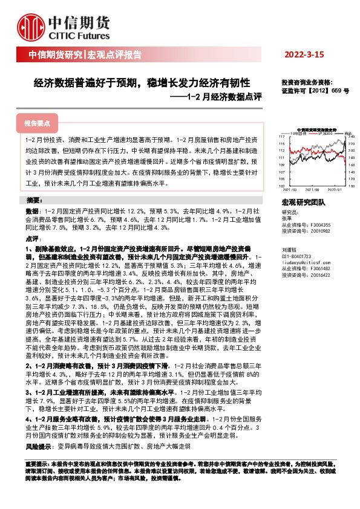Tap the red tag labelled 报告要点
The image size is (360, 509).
coord(36,123)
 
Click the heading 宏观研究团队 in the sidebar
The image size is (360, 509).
coord(303,203)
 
